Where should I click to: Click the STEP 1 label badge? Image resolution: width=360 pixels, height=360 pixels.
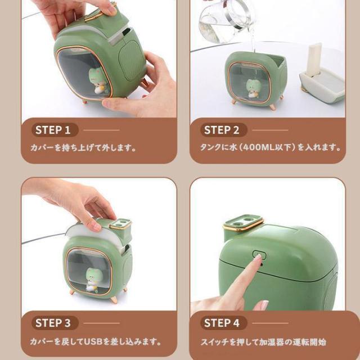point(55,130)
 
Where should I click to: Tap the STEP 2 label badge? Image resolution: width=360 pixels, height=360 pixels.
point(224,130)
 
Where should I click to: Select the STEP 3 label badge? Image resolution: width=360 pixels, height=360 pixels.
point(55,323)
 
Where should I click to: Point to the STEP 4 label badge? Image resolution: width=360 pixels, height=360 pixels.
point(224,323)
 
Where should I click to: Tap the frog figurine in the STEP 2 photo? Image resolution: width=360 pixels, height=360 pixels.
point(252,88)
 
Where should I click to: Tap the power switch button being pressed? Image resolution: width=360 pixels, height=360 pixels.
point(259,255)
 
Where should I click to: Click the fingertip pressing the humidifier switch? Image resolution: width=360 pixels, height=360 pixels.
point(258,258)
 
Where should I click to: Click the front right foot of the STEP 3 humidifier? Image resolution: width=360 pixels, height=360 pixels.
point(114,299)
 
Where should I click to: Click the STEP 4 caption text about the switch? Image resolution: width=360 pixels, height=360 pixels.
point(263,342)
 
